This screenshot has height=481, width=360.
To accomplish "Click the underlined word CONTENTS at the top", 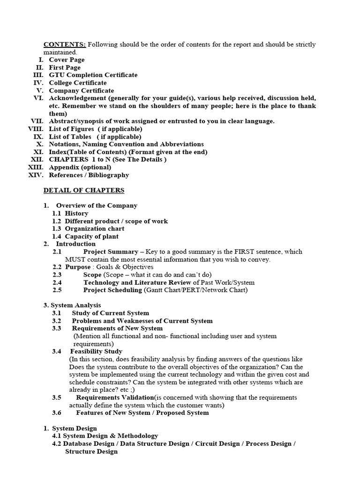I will coord(64,45).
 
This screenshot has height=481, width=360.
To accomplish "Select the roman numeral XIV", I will coord(36,175).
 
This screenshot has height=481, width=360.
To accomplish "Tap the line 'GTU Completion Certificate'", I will coord(93,75).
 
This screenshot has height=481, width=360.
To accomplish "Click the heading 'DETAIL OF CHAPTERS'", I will coord(84,190).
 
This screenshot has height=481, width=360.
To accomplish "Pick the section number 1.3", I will coord(57,229).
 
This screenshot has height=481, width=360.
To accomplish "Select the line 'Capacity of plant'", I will coord(91,236).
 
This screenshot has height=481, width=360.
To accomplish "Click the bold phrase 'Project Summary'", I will coord(111,252).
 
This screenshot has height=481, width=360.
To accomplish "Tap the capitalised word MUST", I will coord(74,259).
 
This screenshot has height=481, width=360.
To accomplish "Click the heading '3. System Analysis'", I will coord(72,305).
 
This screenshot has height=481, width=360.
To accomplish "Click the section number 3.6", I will coord(57,413).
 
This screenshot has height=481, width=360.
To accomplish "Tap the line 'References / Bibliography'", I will coord(89,175).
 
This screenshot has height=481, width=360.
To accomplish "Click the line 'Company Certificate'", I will coord(81,91).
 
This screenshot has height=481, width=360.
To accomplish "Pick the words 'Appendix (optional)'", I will coord(80,167).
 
